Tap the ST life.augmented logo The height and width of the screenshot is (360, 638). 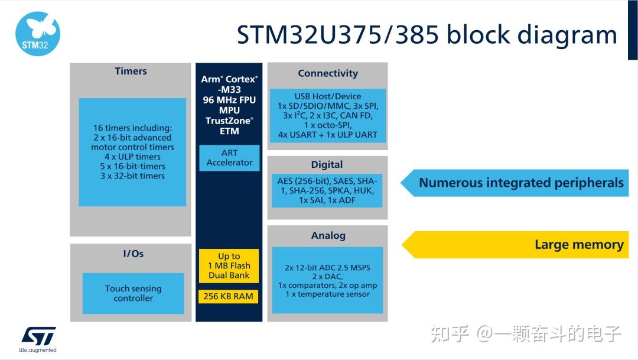click(x=38, y=339)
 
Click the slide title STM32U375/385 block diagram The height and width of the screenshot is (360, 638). click(x=427, y=34)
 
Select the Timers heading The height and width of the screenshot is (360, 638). click(x=131, y=71)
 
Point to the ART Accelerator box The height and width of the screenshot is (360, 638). click(x=229, y=158)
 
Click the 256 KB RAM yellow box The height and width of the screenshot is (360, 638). click(x=228, y=296)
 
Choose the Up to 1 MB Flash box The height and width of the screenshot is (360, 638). click(x=229, y=265)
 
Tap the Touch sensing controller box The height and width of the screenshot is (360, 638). click(x=133, y=293)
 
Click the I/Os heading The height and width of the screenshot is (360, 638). click(x=133, y=254)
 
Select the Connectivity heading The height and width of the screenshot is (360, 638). click(x=328, y=73)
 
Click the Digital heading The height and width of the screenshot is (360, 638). click(x=327, y=164)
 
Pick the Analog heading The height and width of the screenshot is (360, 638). click(x=328, y=235)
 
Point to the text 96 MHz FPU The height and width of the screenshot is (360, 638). click(x=229, y=100)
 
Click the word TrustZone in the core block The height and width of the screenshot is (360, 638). click(x=228, y=120)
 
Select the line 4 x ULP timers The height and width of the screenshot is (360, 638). click(x=132, y=157)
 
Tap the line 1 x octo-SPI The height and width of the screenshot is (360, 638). click(x=327, y=125)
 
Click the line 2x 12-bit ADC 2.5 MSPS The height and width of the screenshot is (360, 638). click(x=327, y=268)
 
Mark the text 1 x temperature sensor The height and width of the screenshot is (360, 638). click(x=327, y=294)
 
